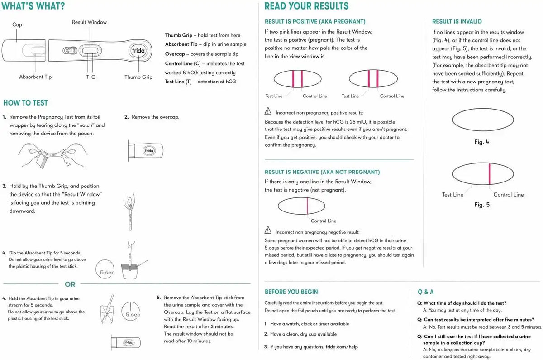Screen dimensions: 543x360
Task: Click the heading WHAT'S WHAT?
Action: click(x=33, y=6)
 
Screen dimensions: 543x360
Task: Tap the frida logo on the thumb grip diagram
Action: click(x=138, y=50)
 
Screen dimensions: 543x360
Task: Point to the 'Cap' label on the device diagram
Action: click(x=17, y=24)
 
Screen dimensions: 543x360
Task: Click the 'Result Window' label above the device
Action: click(x=89, y=22)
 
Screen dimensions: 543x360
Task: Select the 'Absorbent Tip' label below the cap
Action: click(x=35, y=77)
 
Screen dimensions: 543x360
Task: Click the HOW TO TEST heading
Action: click(x=25, y=103)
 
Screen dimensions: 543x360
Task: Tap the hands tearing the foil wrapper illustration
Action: click(x=53, y=155)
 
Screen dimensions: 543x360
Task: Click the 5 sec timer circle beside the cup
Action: click(x=105, y=269)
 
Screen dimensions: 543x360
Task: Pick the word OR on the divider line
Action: click(x=70, y=284)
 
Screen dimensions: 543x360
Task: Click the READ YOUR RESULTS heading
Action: click(x=306, y=6)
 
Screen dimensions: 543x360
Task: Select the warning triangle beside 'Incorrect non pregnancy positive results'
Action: click(x=268, y=111)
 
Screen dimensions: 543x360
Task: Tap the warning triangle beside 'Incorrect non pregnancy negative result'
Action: click(x=268, y=230)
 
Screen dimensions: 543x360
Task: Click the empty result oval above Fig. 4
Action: click(x=483, y=108)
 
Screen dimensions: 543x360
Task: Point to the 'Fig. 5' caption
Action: click(x=482, y=205)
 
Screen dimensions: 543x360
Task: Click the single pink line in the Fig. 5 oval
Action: click(x=490, y=174)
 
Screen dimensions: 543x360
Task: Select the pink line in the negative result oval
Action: click(x=307, y=206)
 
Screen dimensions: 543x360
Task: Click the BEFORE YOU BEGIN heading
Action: click(x=291, y=292)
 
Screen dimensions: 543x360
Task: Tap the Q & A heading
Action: click(x=426, y=292)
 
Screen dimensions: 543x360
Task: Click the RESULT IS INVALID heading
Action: click(x=457, y=21)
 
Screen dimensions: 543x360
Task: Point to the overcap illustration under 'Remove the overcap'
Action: click(x=146, y=151)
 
